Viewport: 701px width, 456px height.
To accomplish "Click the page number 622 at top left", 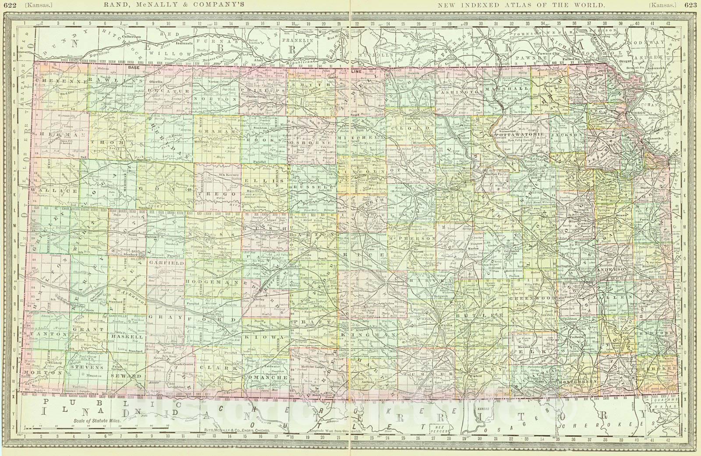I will click(x=8, y=5).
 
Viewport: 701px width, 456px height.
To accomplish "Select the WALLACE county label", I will click(x=49, y=191).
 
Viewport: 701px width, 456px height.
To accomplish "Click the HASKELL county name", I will click(x=127, y=337).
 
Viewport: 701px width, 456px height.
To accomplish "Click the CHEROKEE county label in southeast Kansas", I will click(x=655, y=369).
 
